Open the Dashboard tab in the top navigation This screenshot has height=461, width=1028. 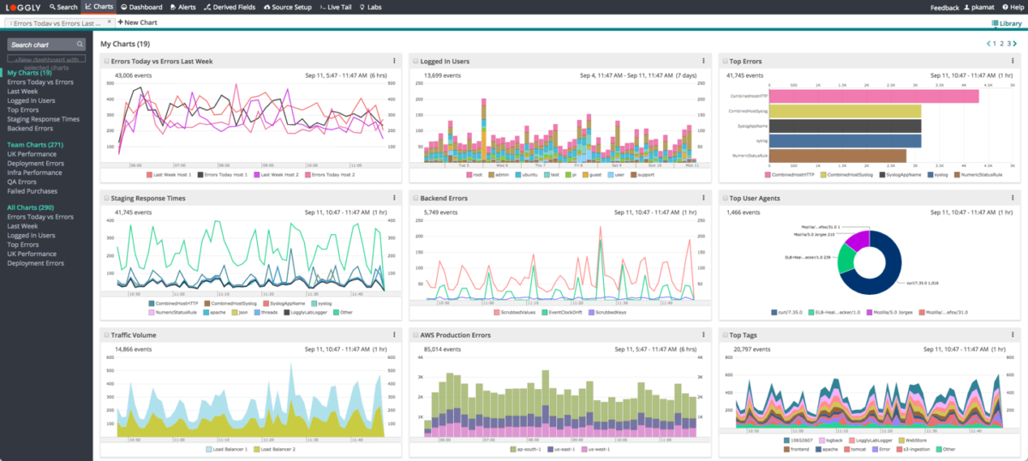coord(141,7)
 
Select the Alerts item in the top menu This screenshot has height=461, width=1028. coord(182,7)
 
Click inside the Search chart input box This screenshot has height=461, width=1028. coord(43,45)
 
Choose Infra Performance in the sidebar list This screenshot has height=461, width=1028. coord(35,172)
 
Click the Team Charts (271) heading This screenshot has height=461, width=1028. coord(35,146)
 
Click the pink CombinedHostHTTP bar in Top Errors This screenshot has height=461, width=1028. coord(874,96)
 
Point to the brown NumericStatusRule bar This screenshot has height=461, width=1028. coord(838,155)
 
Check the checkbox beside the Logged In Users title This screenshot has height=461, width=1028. coord(415,62)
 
